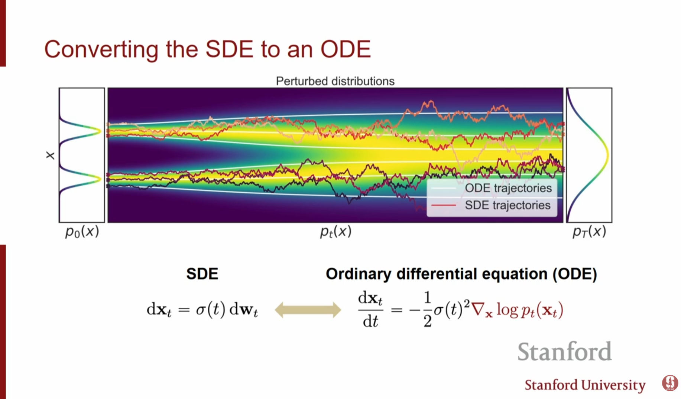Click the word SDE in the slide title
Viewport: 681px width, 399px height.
(229, 49)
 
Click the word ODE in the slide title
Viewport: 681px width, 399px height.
(346, 49)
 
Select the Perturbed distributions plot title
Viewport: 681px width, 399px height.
(335, 81)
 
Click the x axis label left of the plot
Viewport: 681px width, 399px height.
(50, 156)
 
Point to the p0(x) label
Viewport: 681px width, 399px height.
(82, 232)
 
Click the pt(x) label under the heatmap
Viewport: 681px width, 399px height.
(335, 232)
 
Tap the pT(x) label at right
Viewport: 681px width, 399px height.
(589, 232)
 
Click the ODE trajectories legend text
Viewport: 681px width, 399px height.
(508, 188)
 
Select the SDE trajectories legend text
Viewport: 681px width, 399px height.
(507, 205)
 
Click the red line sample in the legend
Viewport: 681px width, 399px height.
(443, 205)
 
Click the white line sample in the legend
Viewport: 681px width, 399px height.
(443, 188)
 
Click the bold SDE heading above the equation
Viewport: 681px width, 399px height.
(202, 274)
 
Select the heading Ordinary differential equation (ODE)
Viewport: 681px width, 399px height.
(461, 274)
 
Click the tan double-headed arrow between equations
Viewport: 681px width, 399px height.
(308, 310)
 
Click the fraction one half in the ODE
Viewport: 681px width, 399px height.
(427, 309)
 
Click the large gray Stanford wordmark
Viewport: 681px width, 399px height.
(564, 351)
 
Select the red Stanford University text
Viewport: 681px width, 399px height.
(585, 385)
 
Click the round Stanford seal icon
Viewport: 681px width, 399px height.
(670, 383)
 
